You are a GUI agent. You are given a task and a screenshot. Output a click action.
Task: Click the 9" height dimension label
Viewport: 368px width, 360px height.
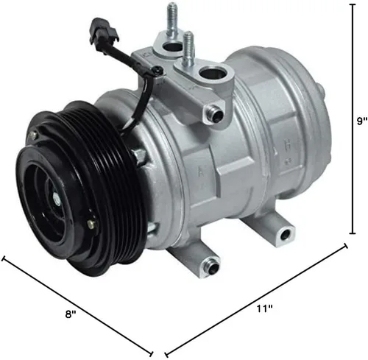click(362, 121)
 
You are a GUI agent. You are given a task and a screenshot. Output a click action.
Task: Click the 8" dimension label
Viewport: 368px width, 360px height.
click(71, 314)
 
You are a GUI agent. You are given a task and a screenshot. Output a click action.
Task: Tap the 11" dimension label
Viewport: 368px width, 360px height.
click(265, 308)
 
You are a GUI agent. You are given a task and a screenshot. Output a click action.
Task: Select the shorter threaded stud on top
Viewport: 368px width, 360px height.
click(188, 49)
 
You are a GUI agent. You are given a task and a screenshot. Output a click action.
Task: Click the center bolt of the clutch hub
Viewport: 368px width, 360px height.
click(57, 198)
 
